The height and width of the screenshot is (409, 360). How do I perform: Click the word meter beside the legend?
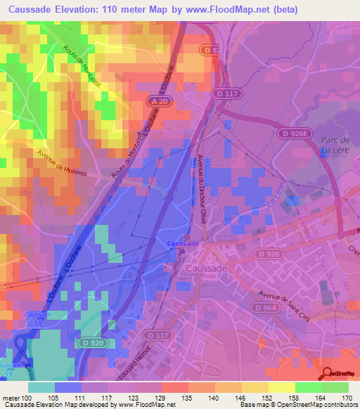10,397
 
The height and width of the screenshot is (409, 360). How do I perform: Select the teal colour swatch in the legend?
41,387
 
